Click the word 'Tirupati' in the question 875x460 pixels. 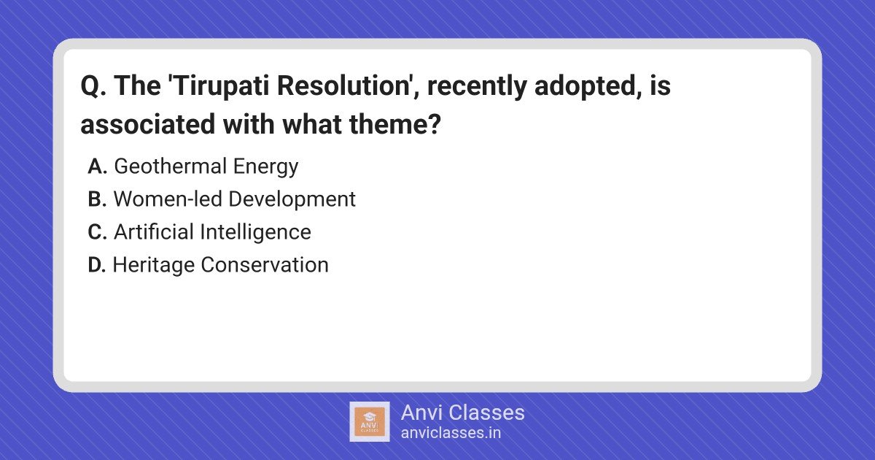pos(222,86)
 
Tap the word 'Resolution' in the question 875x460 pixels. pos(343,85)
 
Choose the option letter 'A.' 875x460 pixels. pos(97,166)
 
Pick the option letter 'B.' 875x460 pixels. pos(97,199)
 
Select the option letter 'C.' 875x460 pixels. pos(97,232)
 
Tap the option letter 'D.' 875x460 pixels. pos(97,265)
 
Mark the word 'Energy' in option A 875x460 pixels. pos(266,167)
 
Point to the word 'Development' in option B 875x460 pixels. pos(292,199)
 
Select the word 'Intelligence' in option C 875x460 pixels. pos(255,233)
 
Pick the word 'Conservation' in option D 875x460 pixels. pos(265,265)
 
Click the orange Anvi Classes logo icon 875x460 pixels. pos(370,422)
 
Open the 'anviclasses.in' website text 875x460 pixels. pos(451,433)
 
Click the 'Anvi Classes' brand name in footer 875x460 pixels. pos(463,413)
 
